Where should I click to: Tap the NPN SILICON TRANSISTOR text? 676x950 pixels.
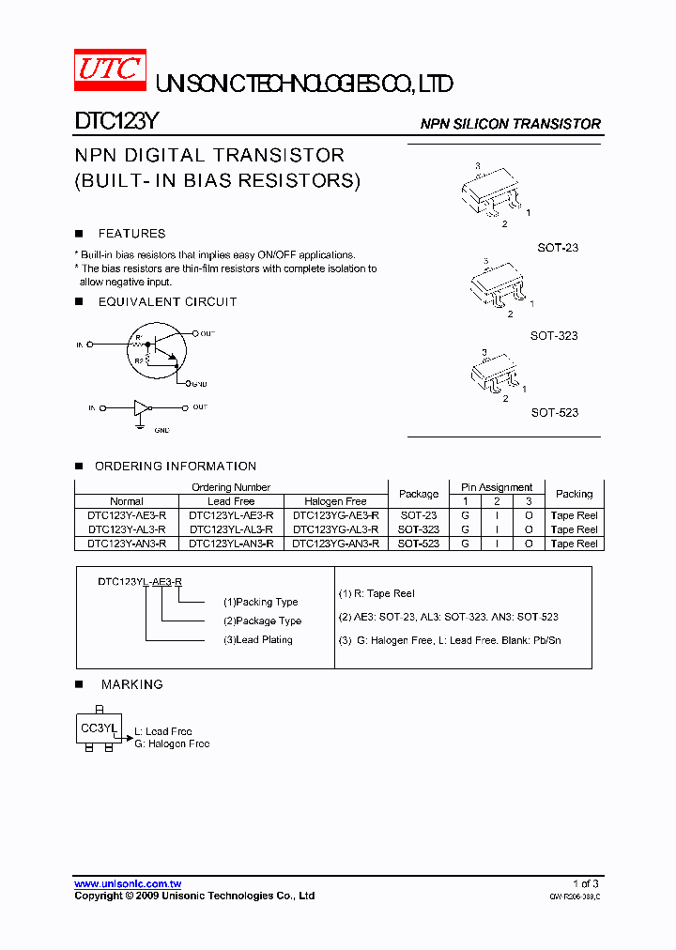510,124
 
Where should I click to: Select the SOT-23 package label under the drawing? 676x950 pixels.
558,247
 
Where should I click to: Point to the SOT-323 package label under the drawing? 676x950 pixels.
554,335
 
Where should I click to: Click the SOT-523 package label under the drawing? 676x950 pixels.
554,412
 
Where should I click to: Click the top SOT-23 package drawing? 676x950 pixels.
491,194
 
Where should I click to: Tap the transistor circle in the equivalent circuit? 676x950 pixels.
156,352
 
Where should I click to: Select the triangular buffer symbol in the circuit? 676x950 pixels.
141,408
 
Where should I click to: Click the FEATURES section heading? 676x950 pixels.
131,234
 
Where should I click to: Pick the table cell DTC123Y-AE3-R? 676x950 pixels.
127,515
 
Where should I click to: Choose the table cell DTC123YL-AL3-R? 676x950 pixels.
231,529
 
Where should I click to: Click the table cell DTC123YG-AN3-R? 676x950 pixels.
336,544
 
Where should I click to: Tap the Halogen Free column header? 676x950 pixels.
336,501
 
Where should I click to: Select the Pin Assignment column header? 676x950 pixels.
497,487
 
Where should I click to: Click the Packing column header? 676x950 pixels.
574,494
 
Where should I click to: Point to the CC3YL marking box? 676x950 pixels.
98,728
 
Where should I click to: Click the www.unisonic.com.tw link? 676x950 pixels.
128,883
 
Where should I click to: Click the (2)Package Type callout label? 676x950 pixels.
262,621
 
